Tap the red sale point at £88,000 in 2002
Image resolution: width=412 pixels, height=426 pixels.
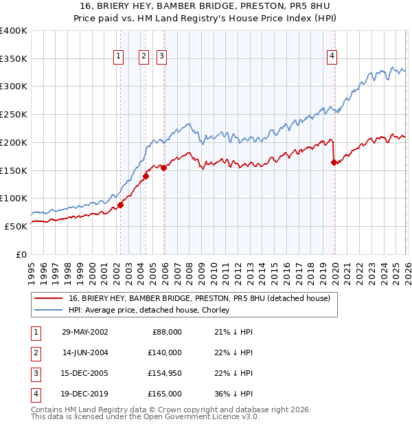pos(120,205)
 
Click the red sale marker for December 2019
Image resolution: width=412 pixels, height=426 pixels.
pos(334,163)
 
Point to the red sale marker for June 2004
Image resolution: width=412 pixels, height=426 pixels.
pos(146,176)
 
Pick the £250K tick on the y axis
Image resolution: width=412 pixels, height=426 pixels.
pos(14,115)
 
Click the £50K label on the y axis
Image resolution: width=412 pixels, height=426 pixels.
pos(15,226)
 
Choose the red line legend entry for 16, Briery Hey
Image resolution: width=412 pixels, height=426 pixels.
pos(199,298)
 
